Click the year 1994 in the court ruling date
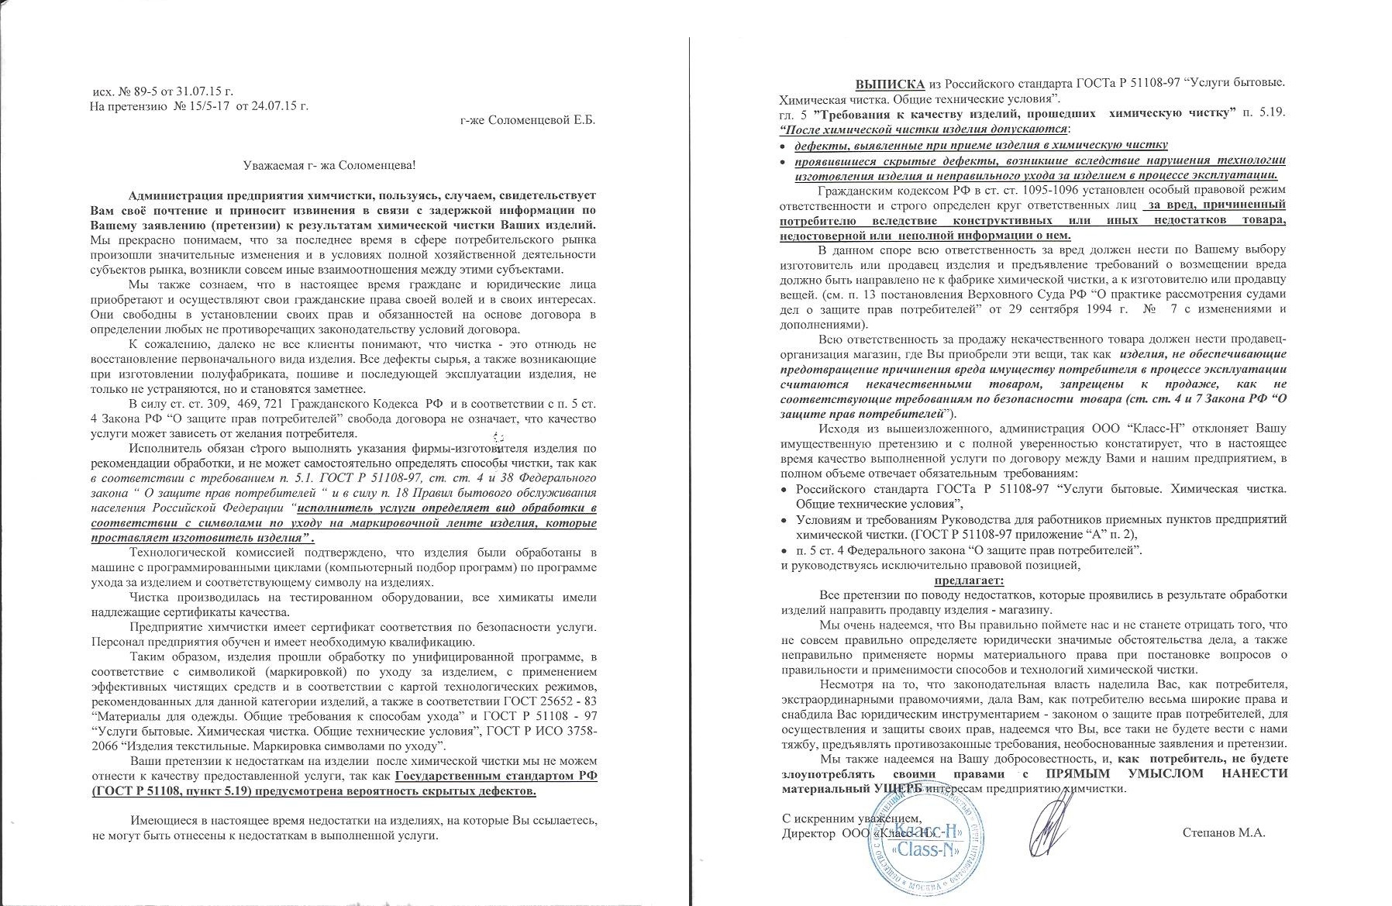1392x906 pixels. [x=1197, y=308]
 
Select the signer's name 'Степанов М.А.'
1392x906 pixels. [x=1224, y=833]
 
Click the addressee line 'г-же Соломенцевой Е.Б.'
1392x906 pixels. [x=527, y=119]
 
